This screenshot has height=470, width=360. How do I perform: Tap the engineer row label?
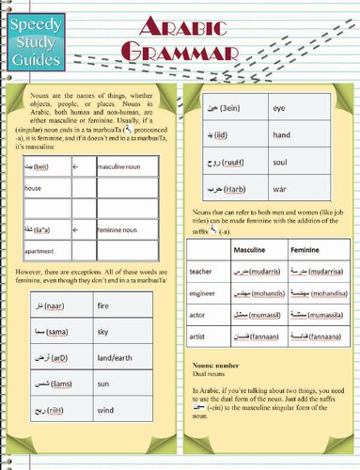203,293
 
